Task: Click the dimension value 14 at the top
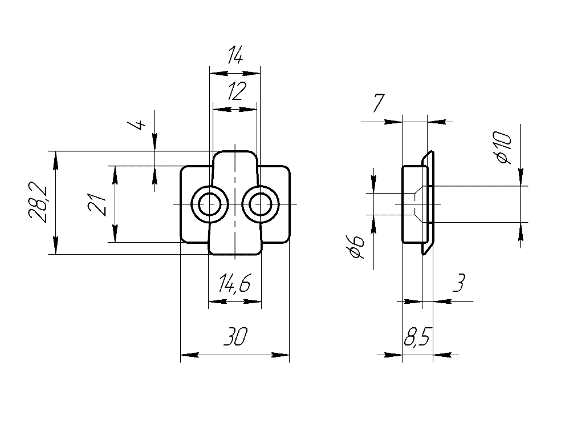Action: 235,57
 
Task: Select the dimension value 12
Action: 235,91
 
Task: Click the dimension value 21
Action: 97,204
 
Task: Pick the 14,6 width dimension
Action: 235,284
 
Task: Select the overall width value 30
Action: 235,338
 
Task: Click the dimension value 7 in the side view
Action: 377,104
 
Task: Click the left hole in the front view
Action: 209,204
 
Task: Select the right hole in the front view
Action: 261,204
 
